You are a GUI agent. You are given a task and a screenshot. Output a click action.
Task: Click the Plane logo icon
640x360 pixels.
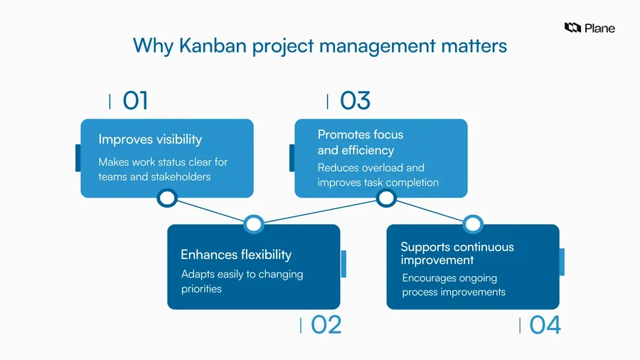pyautogui.click(x=572, y=27)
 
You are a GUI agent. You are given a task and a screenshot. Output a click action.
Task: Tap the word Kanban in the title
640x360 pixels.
pyautogui.click(x=213, y=46)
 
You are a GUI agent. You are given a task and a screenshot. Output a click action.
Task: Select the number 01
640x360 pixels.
pyautogui.click(x=135, y=100)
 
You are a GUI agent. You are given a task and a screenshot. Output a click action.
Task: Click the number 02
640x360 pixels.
pyautogui.click(x=326, y=325)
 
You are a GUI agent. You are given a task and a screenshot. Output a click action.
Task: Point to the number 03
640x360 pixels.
pyautogui.click(x=355, y=100)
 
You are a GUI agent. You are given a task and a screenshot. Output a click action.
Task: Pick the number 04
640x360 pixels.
pyautogui.click(x=545, y=325)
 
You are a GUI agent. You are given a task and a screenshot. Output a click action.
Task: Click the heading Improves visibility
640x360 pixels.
pyautogui.click(x=150, y=139)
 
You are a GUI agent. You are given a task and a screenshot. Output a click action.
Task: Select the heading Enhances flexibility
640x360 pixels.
pyautogui.click(x=236, y=255)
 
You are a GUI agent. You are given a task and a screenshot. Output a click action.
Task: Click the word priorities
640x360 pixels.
pyautogui.click(x=201, y=289)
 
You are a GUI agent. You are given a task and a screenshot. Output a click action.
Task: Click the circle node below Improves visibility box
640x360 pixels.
pyautogui.click(x=167, y=198)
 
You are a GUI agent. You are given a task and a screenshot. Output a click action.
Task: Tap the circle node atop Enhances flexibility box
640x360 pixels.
pyautogui.click(x=253, y=224)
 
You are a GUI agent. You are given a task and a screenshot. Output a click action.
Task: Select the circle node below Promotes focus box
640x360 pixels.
pyautogui.click(x=386, y=198)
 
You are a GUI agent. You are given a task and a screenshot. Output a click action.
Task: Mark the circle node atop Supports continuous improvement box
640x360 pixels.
pyautogui.click(x=473, y=224)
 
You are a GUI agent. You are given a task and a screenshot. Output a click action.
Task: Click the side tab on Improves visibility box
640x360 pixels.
pyautogui.click(x=78, y=158)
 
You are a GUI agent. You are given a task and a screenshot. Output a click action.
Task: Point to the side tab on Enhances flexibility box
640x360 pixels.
pyautogui.click(x=343, y=264)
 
